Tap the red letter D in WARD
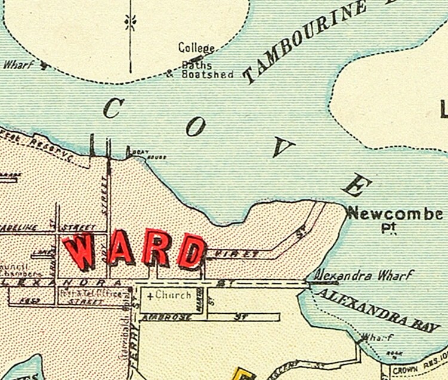191,251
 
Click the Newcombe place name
395,213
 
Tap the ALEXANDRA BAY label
376,309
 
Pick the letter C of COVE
113,108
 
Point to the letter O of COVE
198,126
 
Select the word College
196,48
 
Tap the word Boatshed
207,75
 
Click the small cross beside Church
149,296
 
